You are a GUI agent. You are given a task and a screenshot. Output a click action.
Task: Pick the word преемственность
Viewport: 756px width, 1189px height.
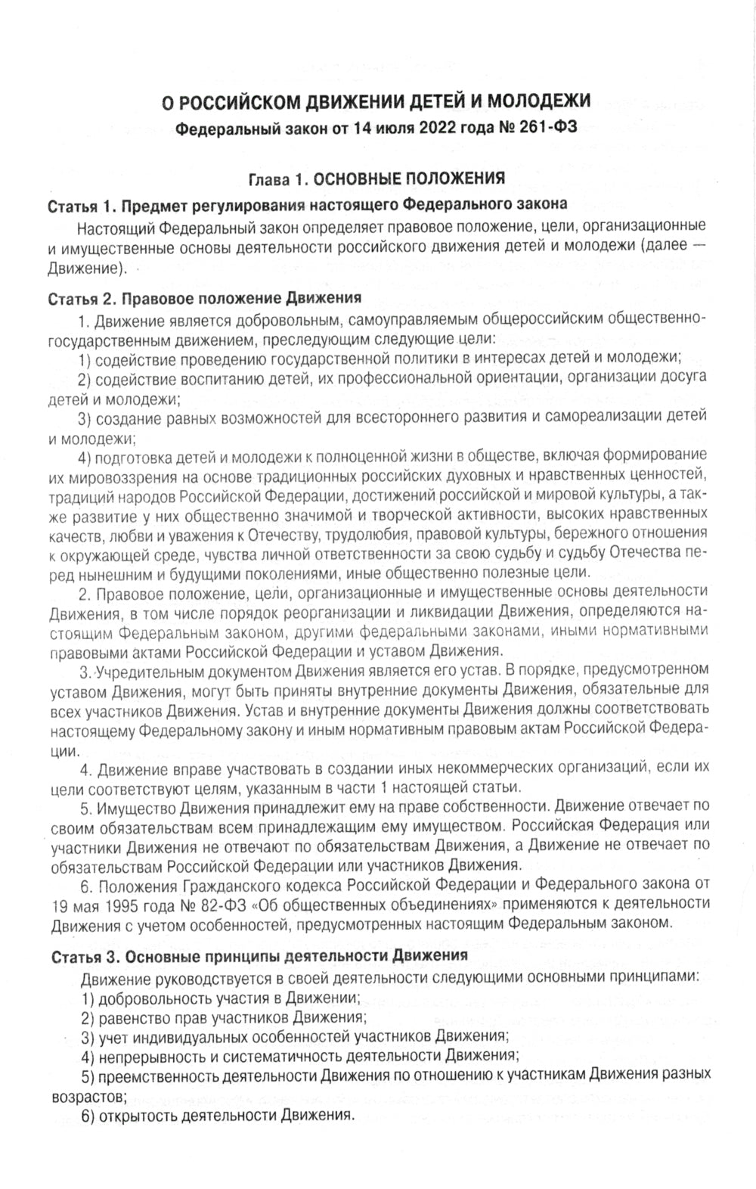(151, 1075)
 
